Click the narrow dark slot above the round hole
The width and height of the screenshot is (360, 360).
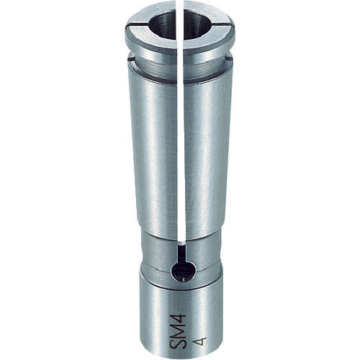click(x=183, y=251)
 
